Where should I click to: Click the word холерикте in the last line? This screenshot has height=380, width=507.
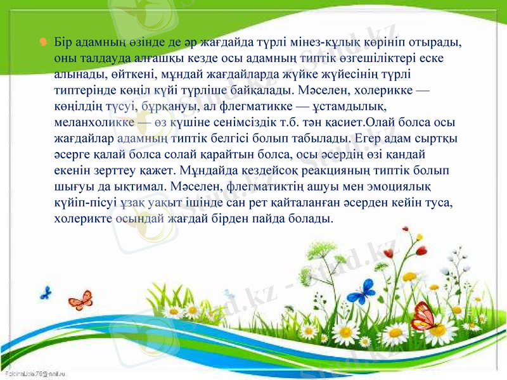(82, 218)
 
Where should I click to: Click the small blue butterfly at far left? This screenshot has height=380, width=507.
(45, 293)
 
